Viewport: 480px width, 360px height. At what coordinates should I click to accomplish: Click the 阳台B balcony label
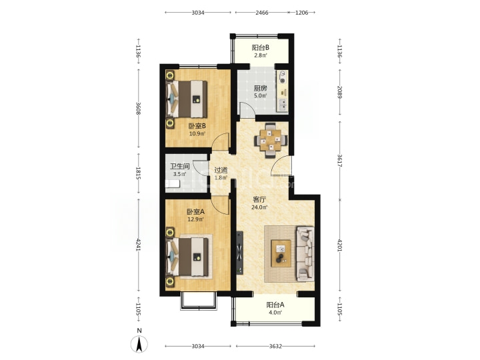pos(261,47)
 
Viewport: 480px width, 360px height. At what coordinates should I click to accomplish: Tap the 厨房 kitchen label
pos(260,88)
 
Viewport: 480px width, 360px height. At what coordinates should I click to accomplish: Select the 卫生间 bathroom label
pos(180,166)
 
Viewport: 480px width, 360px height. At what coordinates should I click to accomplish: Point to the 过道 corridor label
pos(221,170)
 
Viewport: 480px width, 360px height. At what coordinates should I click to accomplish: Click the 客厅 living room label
pos(259,199)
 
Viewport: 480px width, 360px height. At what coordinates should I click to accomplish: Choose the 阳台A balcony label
pos(275,305)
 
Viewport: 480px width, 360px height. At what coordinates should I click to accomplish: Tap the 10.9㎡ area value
pos(197,133)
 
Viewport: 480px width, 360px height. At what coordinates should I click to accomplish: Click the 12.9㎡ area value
pos(195,219)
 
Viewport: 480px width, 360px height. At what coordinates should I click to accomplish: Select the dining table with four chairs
pos(271,141)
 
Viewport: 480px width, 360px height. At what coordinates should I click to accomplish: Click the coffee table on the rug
pos(281,253)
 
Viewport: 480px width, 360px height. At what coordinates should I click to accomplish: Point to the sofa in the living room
pos(305,254)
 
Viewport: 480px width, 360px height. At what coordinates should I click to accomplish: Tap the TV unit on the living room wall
pos(240,253)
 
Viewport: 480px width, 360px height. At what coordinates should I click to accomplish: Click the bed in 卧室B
pos(187,99)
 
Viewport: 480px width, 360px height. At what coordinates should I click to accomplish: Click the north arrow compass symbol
pos(139,343)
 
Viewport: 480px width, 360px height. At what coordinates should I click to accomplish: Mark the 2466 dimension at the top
pos(262,13)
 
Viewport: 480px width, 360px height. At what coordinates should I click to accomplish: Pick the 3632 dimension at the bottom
pos(275,346)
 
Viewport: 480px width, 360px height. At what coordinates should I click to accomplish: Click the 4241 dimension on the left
pos(138,245)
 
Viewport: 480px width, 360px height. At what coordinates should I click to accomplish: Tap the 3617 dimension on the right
pos(339,161)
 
